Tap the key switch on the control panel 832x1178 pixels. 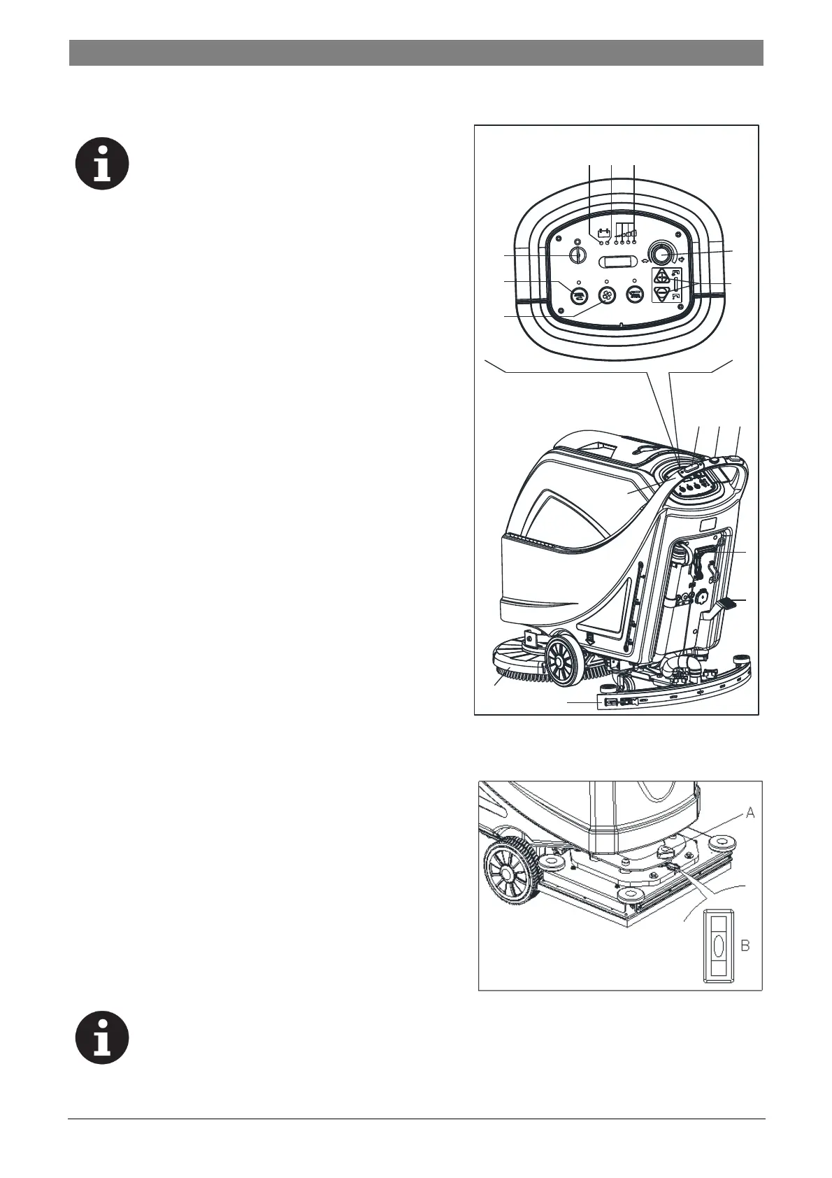pos(576,255)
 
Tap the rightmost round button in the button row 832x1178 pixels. pos(634,295)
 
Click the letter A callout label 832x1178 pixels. pos(750,812)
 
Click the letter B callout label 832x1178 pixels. pos(745,946)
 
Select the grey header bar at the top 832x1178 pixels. pos(416,52)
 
